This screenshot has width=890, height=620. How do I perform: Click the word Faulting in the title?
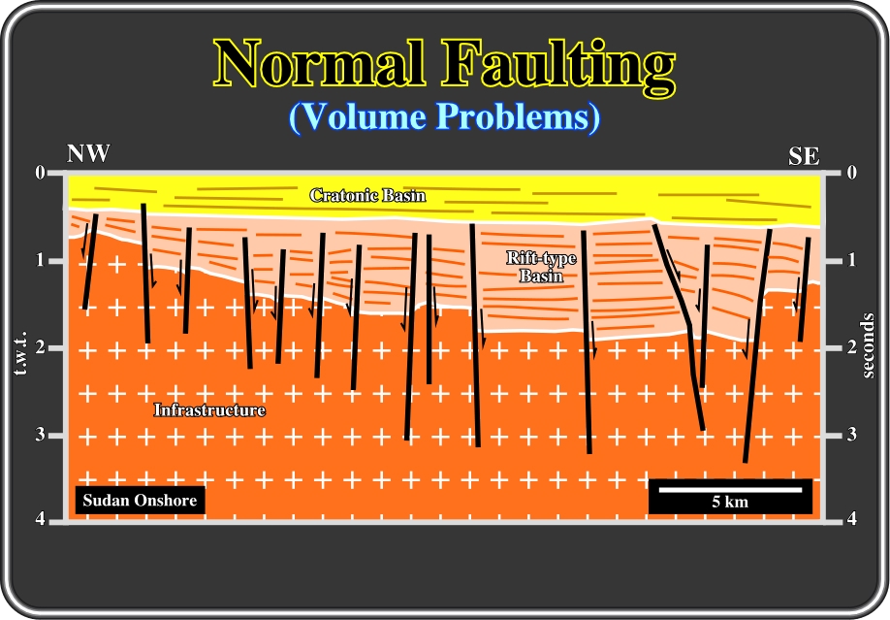pos(558,67)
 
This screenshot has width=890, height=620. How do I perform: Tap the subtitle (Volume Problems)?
pos(444,117)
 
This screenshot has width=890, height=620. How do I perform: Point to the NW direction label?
pos(88,153)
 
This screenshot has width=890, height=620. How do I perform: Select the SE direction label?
pos(804,155)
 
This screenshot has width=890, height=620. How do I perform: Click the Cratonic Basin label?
pos(367,195)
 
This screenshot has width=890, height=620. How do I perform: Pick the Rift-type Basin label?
pos(542,267)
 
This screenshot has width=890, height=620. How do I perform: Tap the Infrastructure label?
pos(209,409)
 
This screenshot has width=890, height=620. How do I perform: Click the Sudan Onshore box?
pos(141,500)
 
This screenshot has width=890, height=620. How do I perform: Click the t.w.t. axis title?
pos(21,352)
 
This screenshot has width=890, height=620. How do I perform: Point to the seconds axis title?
pos(868,346)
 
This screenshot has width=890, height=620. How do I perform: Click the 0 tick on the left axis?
pos(40,172)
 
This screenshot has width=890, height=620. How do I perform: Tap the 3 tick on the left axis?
pos(40,435)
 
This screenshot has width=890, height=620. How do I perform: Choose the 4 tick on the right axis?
pos(851,518)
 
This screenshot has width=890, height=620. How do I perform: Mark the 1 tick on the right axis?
pos(851,260)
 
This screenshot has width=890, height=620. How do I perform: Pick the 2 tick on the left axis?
pos(40,347)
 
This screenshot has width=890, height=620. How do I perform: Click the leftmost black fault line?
pos(90,261)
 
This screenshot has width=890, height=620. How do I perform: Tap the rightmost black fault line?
pos(804,289)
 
